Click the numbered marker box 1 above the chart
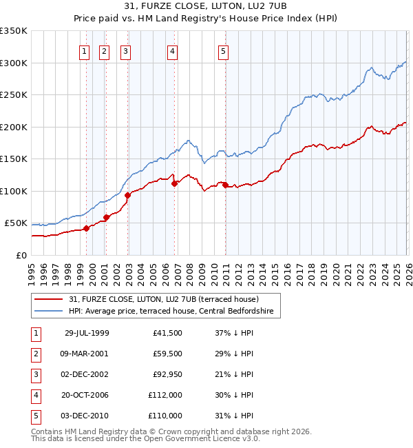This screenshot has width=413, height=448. coord(84,50)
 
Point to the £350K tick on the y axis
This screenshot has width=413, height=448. coord(14,31)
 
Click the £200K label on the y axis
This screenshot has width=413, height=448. coord(14,127)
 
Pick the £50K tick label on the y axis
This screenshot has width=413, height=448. coord(16,223)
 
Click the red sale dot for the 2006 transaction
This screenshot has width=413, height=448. coord(175,183)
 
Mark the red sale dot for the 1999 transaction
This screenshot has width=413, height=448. coord(86,229)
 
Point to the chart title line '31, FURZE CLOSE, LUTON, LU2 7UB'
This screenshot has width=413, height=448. coord(206,6)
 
